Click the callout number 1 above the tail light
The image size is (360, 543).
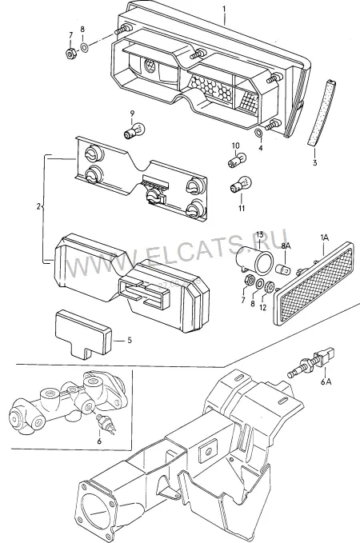224,8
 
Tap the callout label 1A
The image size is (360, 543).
324,238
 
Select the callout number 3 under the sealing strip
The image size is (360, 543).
314,162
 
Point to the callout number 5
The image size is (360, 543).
130,341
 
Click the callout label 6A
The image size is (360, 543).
326,381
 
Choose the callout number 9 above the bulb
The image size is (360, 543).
132,114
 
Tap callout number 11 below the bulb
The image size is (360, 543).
242,208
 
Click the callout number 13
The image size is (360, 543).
260,234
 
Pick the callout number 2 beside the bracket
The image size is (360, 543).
38,207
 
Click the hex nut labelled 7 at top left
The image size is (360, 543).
70,54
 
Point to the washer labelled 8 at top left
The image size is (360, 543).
84,46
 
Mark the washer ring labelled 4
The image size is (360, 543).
258,133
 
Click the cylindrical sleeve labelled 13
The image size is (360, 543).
254,258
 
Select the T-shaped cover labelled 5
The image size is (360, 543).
82,333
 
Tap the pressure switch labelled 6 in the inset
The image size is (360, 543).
106,423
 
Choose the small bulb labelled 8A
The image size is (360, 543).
283,269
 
